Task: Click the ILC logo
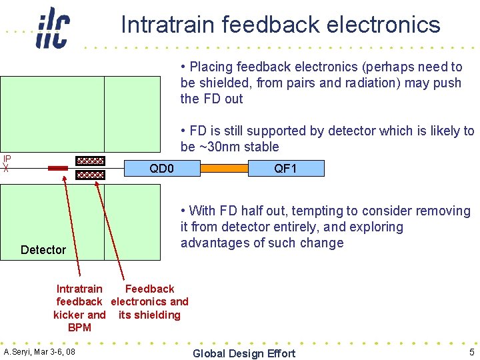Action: (x=53, y=28)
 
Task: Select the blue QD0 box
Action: (x=162, y=169)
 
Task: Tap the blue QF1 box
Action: (x=285, y=169)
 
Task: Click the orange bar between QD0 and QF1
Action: (x=223, y=169)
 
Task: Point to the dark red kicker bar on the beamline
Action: (x=58, y=169)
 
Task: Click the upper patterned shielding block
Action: (x=90, y=161)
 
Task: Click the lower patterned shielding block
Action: (x=90, y=175)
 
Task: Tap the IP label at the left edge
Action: (x=7, y=159)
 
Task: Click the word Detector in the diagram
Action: (x=43, y=250)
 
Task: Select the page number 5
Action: (x=471, y=352)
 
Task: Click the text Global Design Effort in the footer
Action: (x=243, y=353)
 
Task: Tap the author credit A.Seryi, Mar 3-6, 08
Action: (x=39, y=352)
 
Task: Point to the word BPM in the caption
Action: (x=80, y=328)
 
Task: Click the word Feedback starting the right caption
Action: (x=149, y=289)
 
